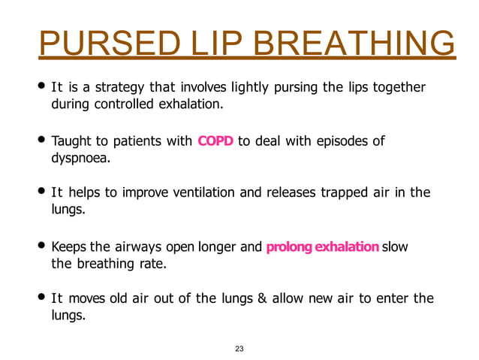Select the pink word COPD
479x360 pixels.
click(215, 141)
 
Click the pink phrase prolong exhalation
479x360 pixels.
click(323, 246)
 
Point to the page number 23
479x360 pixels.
click(240, 347)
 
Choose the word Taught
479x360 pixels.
click(71, 141)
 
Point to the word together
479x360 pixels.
click(399, 89)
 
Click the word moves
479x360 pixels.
click(85, 298)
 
